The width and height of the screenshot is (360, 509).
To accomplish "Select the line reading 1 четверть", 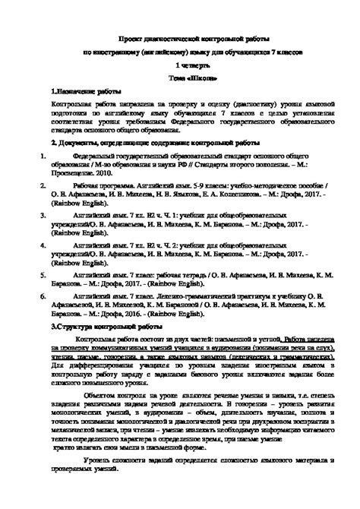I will click(x=181, y=65).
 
